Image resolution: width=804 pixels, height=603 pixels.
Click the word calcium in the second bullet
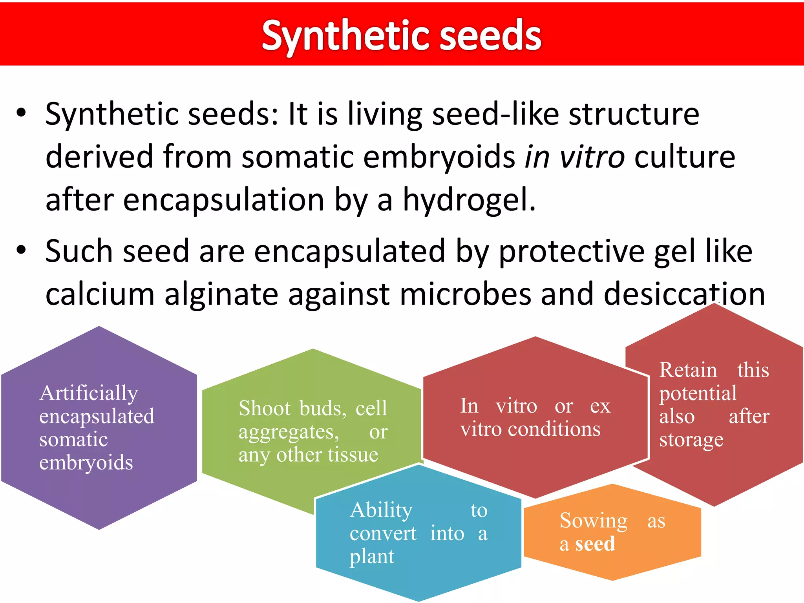[100, 294]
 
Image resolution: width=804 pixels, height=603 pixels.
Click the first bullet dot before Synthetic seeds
[21, 114]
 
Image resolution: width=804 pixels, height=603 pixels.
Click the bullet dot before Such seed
[21, 250]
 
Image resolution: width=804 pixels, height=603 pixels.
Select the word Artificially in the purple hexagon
[89, 393]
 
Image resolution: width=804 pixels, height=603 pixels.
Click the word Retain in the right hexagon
[688, 370]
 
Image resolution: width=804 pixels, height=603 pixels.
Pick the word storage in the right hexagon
[691, 440]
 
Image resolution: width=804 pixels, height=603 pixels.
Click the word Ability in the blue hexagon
[381, 511]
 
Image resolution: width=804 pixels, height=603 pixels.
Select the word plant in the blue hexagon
[371, 557]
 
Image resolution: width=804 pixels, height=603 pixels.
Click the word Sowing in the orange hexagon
[593, 521]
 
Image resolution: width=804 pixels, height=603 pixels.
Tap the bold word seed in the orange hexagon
[595, 544]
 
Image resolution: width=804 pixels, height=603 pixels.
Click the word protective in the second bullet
[571, 251]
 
